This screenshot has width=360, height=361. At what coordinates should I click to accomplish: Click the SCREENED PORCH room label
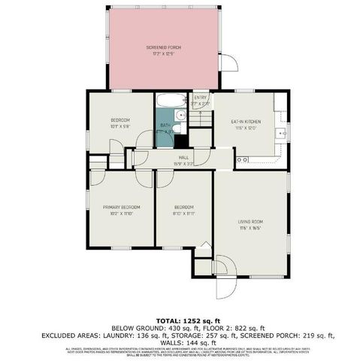(x=158, y=48)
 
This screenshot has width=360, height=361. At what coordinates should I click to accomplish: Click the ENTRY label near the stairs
(x=201, y=98)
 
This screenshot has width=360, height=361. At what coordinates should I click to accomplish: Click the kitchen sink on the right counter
(x=280, y=133)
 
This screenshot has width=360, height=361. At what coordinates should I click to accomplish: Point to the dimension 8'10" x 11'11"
(x=183, y=214)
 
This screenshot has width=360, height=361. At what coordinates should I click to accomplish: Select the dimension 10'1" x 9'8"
(x=121, y=126)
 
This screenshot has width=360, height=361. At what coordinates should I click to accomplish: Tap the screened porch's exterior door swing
(x=229, y=63)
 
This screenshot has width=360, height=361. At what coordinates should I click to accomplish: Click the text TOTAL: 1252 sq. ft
(x=180, y=320)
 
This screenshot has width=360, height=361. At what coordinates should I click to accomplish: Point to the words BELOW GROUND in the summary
(x=129, y=328)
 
